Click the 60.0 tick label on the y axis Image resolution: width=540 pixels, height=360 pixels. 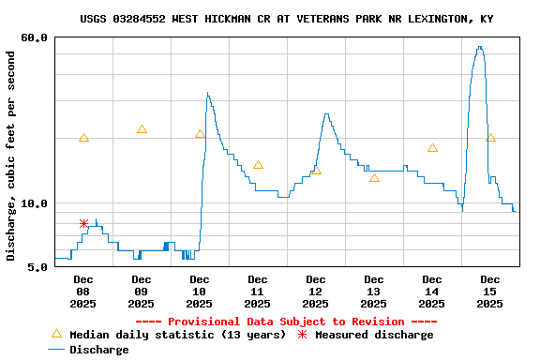(x=36, y=37)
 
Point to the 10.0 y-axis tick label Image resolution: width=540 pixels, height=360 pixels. (x=36, y=203)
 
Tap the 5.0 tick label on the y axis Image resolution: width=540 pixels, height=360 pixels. (x=38, y=267)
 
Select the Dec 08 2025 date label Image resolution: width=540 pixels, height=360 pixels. (x=83, y=291)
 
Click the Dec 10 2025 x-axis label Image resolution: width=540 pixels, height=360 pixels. (x=199, y=291)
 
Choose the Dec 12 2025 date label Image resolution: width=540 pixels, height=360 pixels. (x=316, y=291)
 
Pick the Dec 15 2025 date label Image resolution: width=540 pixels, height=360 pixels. (x=490, y=291)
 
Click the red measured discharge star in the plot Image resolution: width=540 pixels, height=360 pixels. (x=83, y=223)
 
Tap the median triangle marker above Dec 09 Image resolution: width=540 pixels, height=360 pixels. (x=142, y=129)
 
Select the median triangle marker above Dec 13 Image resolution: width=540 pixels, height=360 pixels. (x=374, y=177)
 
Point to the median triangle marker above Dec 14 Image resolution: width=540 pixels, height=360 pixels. (x=432, y=147)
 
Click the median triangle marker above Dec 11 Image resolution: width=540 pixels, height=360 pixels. (x=258, y=165)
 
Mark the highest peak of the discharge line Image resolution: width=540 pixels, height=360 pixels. (x=480, y=47)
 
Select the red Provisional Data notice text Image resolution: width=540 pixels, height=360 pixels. (x=280, y=322)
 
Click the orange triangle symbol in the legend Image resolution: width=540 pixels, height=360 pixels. (x=56, y=334)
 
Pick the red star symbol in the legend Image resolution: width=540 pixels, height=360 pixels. (x=302, y=335)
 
